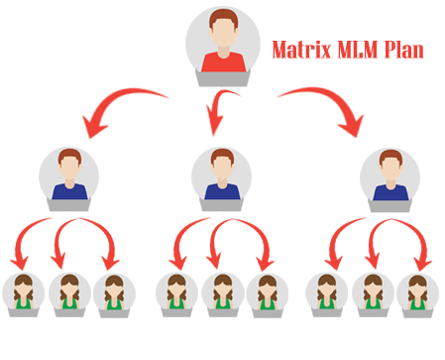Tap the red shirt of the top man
tap(222, 61)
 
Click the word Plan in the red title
tap(404, 50)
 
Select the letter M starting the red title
tap(278, 50)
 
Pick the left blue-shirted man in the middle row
tap(68, 177)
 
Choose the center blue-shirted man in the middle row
tap(221, 177)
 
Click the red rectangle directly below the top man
tap(222, 113)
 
